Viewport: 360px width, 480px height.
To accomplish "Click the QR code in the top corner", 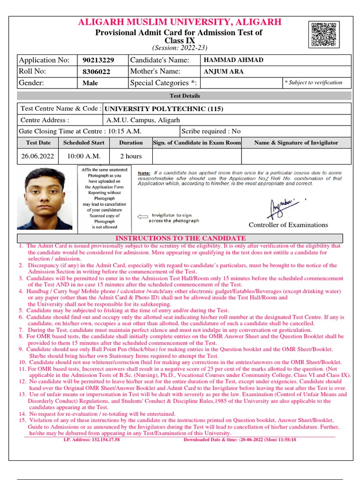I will click(x=324, y=34).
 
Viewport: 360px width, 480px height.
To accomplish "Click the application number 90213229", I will click(x=98, y=60).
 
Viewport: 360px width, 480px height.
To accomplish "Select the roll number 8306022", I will click(x=96, y=72).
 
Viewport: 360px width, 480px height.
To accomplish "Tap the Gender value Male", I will click(x=90, y=83).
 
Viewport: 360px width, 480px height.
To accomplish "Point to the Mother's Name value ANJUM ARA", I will click(x=224, y=72).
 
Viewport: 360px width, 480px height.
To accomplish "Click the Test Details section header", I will click(x=185, y=96).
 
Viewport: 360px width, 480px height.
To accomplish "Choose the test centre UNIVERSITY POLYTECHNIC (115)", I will click(x=164, y=109).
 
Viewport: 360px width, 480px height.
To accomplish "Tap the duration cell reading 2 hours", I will click(x=131, y=156).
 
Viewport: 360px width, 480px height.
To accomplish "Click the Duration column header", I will click(x=131, y=142).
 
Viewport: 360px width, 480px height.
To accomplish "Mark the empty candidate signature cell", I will click(x=197, y=156).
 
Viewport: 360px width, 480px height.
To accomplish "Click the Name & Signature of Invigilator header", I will click(x=296, y=142).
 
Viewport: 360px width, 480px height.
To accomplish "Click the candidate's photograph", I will click(x=45, y=199).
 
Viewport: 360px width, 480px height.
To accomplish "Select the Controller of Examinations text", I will click(x=288, y=225).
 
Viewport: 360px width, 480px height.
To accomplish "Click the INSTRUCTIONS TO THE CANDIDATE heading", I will click(x=180, y=238).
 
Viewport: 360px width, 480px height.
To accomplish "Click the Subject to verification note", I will click(x=314, y=82).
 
